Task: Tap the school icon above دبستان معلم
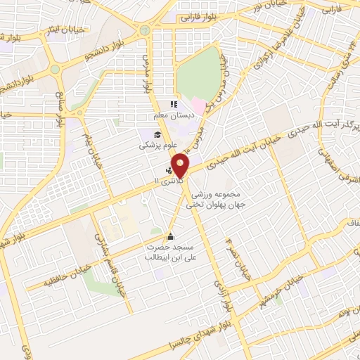(173, 105)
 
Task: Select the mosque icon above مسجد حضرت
(169, 236)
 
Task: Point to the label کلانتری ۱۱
(169, 181)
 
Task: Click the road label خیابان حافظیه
(44, 282)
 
